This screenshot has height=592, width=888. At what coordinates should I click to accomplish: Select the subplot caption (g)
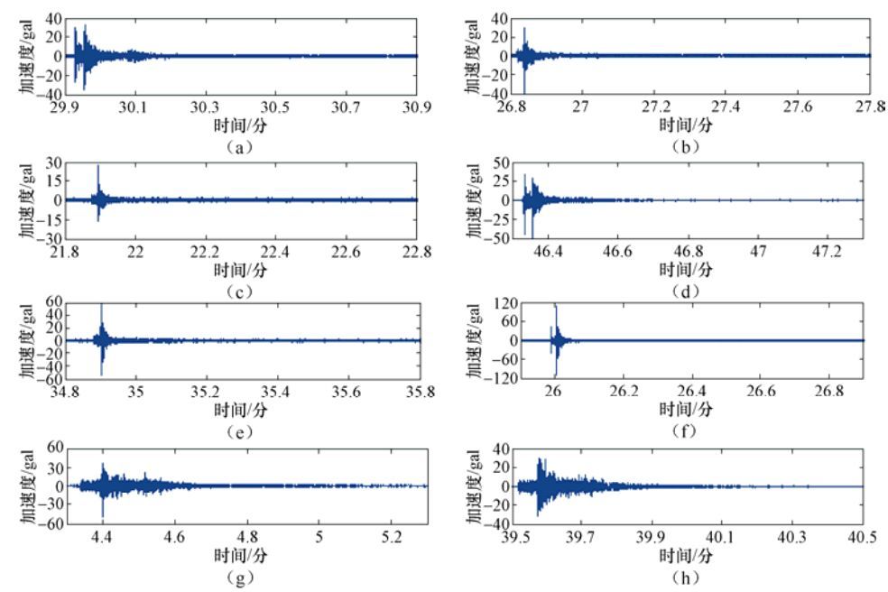241,574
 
